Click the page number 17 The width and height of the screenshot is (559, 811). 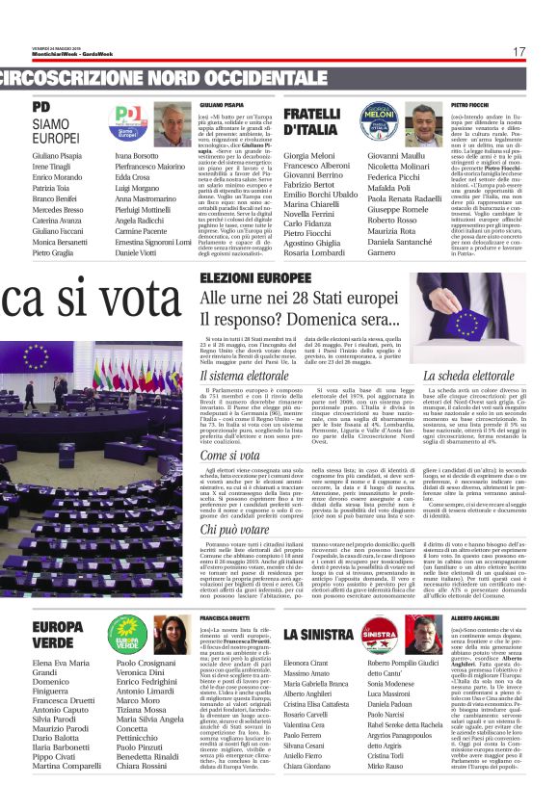[519, 52]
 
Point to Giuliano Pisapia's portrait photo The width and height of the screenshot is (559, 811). [173, 123]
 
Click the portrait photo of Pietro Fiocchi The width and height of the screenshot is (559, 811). [423, 122]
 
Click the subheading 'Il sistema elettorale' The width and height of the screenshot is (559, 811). [234, 375]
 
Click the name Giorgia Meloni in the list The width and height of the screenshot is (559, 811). [309, 155]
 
